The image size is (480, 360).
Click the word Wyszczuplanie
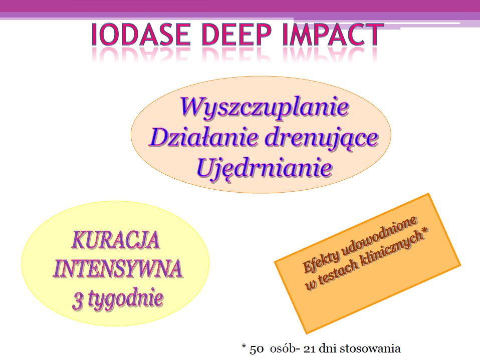click(x=264, y=107)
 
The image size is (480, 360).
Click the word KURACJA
click(x=116, y=240)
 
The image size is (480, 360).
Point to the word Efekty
click(x=320, y=258)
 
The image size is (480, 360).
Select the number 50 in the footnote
click(x=257, y=349)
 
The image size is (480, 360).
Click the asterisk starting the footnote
click(x=244, y=347)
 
